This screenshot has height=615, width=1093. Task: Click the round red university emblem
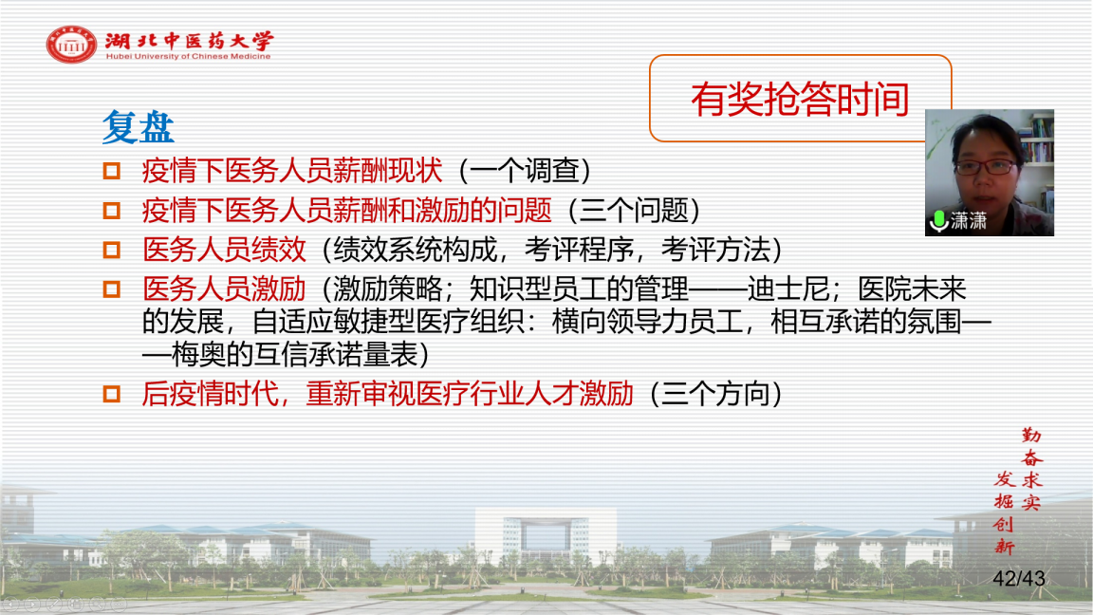point(71,45)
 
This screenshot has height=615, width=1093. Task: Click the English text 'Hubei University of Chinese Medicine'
point(188,57)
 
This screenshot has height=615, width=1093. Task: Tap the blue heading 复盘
point(138,127)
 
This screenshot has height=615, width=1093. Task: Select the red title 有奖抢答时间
point(800,99)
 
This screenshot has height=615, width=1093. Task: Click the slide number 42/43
point(1018,578)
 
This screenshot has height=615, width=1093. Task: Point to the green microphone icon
point(939,221)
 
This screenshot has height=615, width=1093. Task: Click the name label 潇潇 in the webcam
point(968,221)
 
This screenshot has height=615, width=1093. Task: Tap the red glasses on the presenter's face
point(985,167)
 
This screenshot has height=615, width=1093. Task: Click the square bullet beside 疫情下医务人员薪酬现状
point(112,171)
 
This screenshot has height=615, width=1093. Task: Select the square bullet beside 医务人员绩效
point(112,250)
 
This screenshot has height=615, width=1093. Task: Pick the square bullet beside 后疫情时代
point(112,394)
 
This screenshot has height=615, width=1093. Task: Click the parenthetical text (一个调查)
point(524,171)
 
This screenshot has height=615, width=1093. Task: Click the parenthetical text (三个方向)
point(715,394)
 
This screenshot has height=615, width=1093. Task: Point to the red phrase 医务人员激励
point(224,289)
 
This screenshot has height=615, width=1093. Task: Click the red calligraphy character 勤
point(1031,436)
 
